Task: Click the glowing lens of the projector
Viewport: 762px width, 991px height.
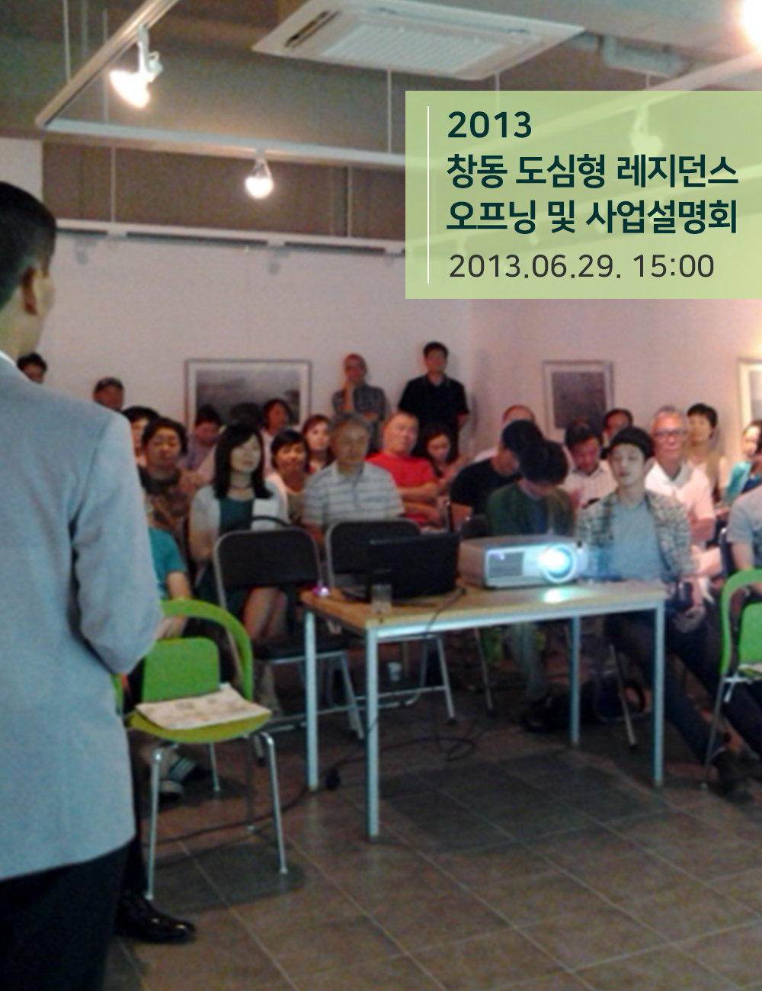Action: [557, 563]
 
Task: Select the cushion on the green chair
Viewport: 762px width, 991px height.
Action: [203, 707]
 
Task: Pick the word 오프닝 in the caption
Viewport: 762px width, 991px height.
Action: [491, 217]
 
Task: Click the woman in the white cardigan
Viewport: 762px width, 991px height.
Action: [237, 492]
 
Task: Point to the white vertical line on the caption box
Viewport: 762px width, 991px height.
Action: [428, 194]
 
